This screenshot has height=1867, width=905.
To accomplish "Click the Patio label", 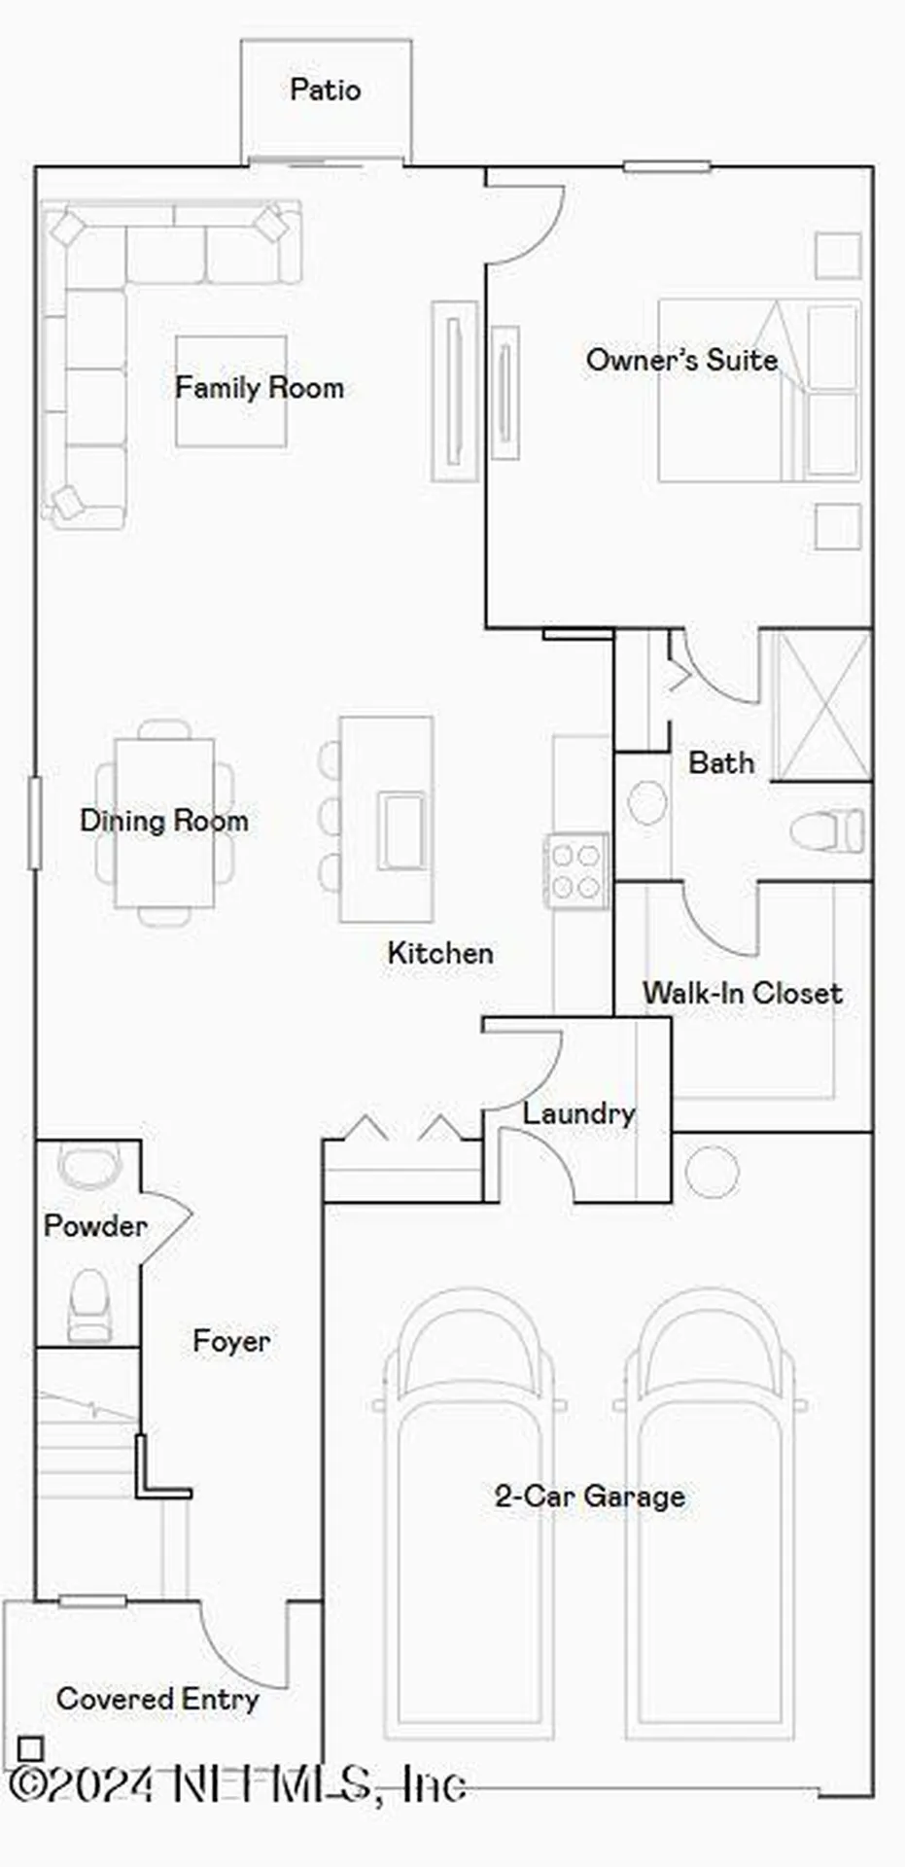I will click(326, 90).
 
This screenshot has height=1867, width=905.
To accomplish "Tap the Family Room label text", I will click(259, 388).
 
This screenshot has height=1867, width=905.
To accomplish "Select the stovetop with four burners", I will click(575, 871).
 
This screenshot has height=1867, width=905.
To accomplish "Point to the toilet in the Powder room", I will click(89, 1304).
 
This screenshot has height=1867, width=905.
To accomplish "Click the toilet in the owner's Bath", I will click(826, 832).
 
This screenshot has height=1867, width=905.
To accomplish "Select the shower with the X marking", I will click(822, 705).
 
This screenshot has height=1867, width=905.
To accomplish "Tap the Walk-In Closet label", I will click(742, 993).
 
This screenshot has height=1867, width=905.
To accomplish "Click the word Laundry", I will click(579, 1113).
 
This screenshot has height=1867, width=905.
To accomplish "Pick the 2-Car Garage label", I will click(589, 1496).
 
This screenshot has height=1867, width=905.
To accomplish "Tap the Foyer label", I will click(231, 1342).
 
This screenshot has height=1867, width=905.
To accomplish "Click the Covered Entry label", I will click(157, 1699).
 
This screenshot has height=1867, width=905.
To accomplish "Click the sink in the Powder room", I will click(89, 1166).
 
